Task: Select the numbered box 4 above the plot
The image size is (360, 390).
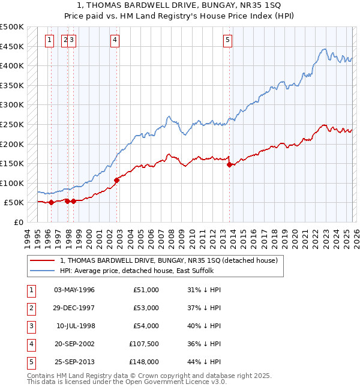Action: [114, 40]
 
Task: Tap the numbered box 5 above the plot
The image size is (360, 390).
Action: [228, 40]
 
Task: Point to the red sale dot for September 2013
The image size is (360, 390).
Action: [230, 164]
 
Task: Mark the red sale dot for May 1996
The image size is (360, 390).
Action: [51, 202]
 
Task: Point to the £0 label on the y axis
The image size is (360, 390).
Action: [19, 222]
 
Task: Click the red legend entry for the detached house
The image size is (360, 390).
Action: [168, 261]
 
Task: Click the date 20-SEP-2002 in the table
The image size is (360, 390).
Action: [74, 344]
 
